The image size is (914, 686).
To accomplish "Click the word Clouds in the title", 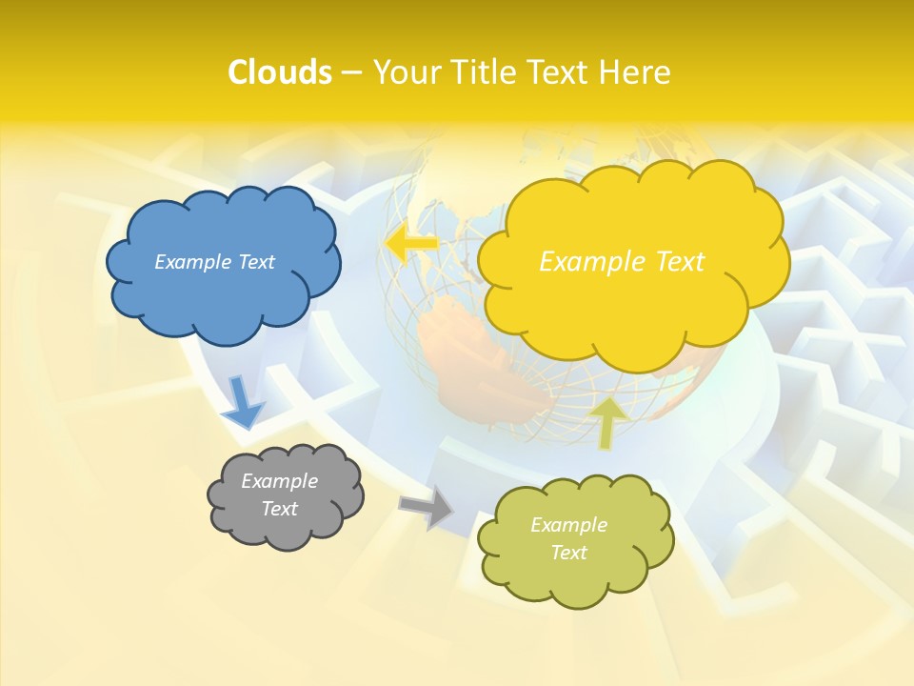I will tap(280, 72).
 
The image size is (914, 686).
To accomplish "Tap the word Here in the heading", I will tap(634, 72).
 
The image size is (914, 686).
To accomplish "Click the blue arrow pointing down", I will tap(242, 401).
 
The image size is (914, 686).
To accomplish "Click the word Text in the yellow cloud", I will tap(672, 262).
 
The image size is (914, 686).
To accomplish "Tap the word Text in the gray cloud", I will tap(279, 509).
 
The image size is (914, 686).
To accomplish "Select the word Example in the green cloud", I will tap(568, 525).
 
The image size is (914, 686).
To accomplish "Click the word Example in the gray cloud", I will tap(279, 481).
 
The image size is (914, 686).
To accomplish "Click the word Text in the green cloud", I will tap(568, 553).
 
